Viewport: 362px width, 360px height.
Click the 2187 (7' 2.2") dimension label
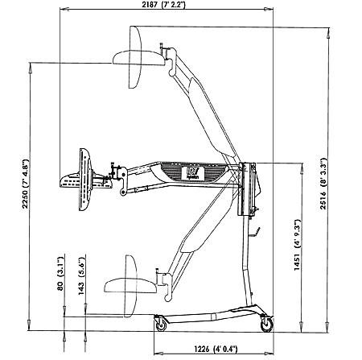[163, 5]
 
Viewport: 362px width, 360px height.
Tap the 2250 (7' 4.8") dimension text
[25, 184]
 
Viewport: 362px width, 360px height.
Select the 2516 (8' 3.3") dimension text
[323, 184]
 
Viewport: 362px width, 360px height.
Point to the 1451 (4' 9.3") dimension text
[298, 245]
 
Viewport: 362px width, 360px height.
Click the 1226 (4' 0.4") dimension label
[216, 349]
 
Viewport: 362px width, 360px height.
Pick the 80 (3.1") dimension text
[60, 273]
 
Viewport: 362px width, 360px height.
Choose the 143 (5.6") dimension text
[81, 276]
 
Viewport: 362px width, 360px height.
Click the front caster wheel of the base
[161, 325]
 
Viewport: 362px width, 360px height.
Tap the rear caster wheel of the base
[267, 325]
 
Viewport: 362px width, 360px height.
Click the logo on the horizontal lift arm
[193, 173]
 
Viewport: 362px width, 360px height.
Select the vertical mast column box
[247, 189]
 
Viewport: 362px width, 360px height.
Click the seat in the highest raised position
[138, 57]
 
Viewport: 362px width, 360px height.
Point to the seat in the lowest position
[130, 286]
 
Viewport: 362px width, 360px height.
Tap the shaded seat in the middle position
[86, 180]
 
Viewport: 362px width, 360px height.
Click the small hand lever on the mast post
[255, 233]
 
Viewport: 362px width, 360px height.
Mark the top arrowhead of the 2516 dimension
[327, 33]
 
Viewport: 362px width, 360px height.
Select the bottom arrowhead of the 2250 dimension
[29, 325]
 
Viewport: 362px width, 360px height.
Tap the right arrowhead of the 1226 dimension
[269, 354]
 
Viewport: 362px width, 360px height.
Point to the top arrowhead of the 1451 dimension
[302, 168]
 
